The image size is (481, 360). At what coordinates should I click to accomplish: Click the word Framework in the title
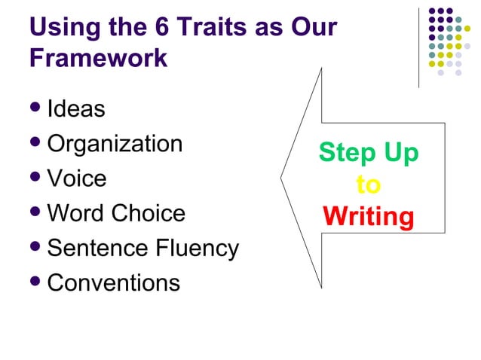[98, 59]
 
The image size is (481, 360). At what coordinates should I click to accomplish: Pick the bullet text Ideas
[75, 109]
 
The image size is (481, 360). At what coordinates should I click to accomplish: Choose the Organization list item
[115, 144]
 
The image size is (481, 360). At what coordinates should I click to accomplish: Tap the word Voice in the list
[77, 178]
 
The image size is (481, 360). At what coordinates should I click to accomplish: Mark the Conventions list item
[113, 282]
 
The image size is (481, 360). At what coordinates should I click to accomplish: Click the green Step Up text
[368, 153]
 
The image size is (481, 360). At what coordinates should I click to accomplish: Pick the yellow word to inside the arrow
[368, 185]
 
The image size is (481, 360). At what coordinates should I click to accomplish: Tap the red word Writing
[368, 217]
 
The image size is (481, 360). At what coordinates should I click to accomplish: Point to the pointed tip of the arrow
[282, 179]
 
